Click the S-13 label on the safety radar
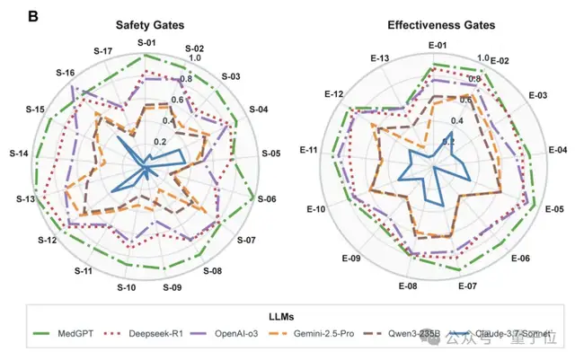pyautogui.click(x=25, y=198)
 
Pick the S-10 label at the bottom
pyautogui.click(x=126, y=287)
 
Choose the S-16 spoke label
pyautogui.click(x=65, y=72)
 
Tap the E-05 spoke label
pyautogui.click(x=554, y=208)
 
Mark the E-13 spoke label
pyautogui.click(x=378, y=58)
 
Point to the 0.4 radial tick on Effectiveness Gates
pyautogui.click(x=432, y=120)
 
